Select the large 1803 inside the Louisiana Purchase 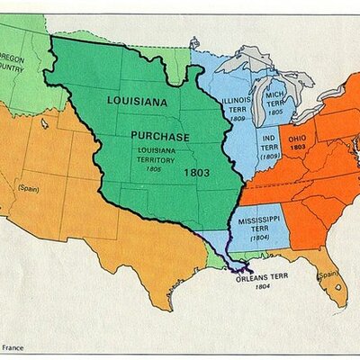pyautogui.click(x=195, y=171)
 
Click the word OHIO pyautogui.click(x=298, y=138)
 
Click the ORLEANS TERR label pyautogui.click(x=261, y=279)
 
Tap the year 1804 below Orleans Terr pyautogui.click(x=261, y=288)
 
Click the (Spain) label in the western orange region pyautogui.click(x=27, y=188)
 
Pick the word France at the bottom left pyautogui.click(x=13, y=347)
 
